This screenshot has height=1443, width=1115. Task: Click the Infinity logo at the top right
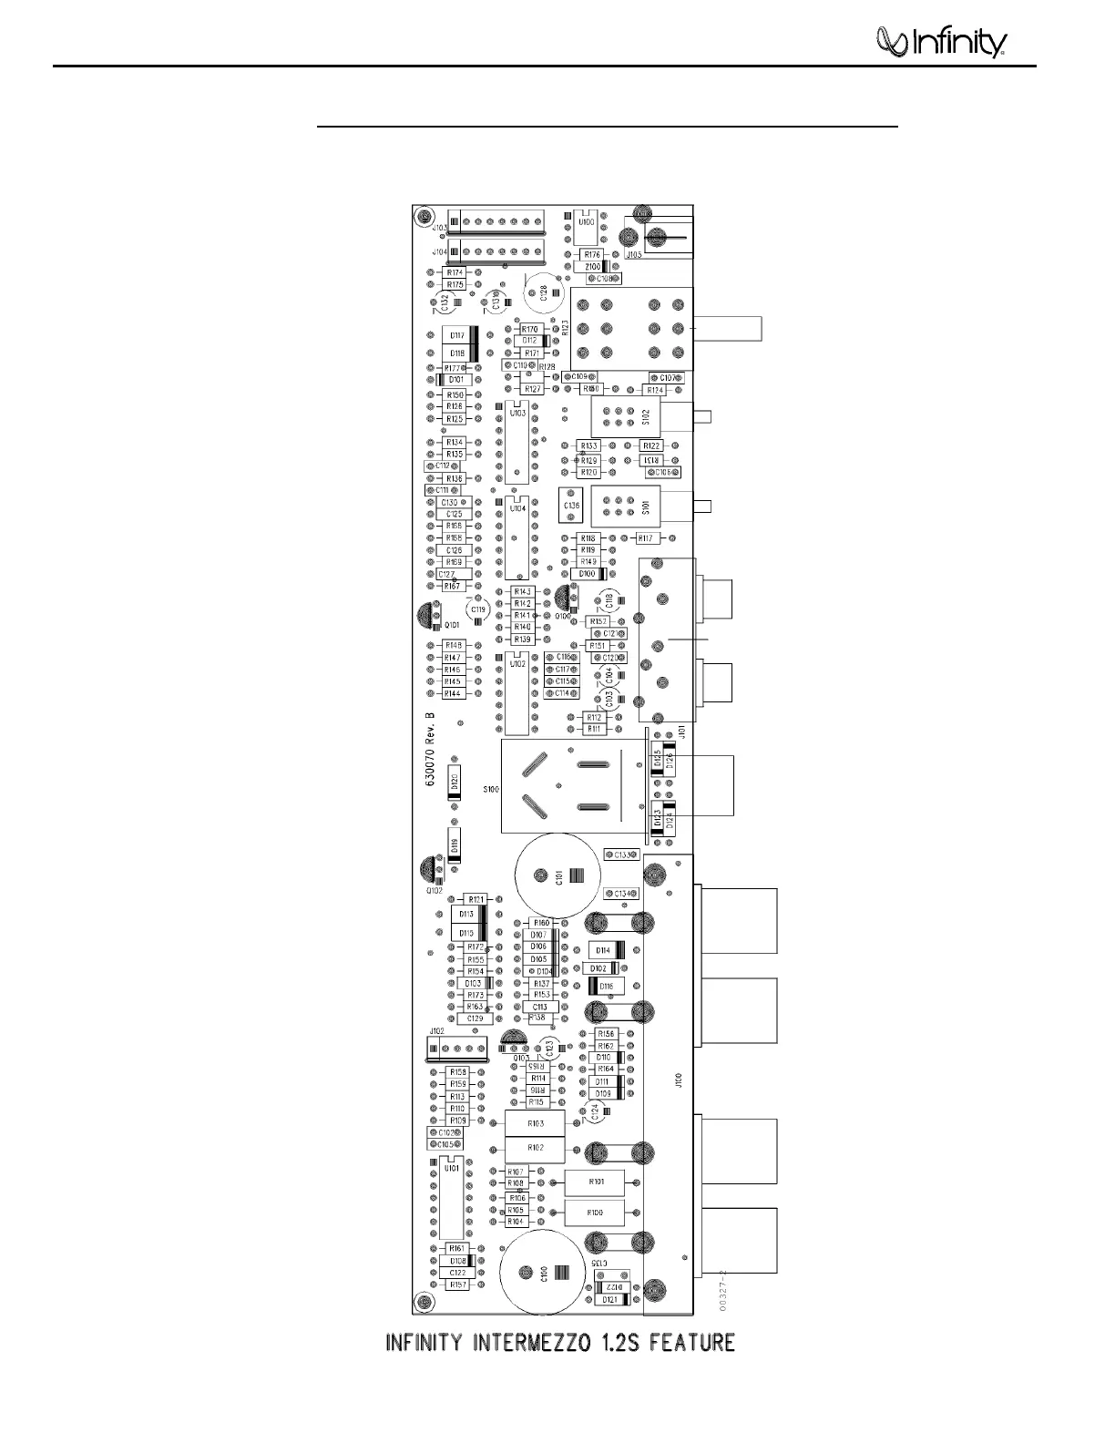click(939, 42)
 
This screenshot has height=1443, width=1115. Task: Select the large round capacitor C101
click(557, 876)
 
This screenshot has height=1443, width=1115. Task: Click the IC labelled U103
click(517, 442)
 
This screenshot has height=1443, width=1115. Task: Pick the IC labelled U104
click(517, 538)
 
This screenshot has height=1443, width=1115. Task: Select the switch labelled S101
click(626, 507)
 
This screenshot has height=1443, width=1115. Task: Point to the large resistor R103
click(535, 1124)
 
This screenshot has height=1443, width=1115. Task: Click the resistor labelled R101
click(595, 1182)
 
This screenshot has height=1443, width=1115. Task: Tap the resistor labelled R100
click(595, 1213)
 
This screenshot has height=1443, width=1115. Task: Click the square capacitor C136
click(571, 505)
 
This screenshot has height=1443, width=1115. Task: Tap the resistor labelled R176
click(592, 254)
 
